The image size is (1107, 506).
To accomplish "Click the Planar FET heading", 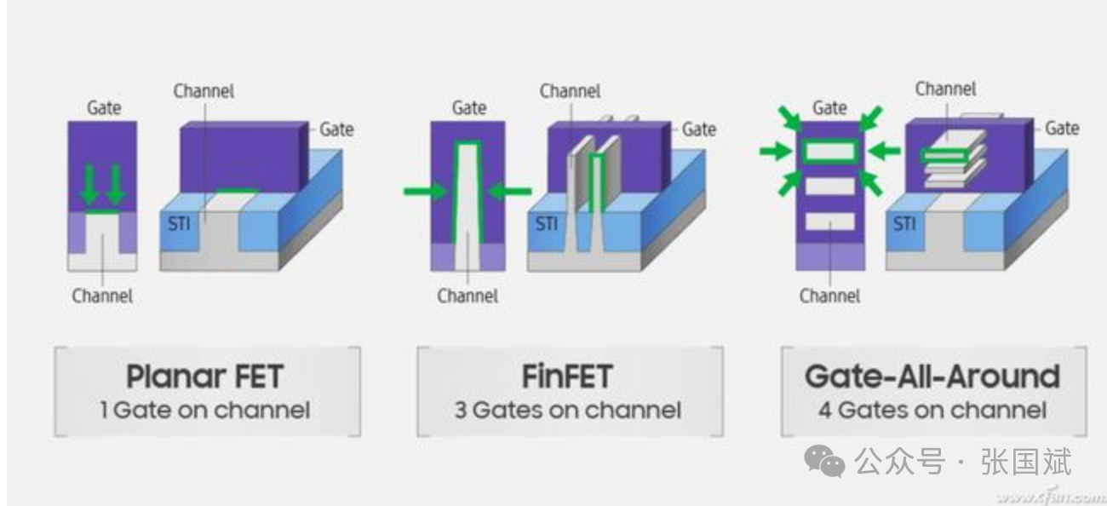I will point(204,377).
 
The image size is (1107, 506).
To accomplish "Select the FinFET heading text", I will point(567,377).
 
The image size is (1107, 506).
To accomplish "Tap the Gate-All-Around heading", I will point(932,377).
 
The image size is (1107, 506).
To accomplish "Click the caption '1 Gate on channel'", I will point(204,411).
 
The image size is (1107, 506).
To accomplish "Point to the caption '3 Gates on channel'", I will point(567,411).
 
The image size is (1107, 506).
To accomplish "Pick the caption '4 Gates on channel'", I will point(932,411).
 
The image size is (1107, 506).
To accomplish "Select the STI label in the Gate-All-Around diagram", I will point(905,224).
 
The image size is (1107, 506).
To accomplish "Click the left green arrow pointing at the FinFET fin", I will point(426,191).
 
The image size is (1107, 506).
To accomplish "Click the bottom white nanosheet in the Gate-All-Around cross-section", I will point(829,221).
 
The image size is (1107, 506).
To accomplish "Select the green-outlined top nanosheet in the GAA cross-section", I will point(829,152).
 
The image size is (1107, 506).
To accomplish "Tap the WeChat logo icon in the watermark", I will point(824,463).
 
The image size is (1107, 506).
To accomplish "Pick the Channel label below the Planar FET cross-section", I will point(102,296).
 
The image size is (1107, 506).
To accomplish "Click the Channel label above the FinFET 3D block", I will point(570,91).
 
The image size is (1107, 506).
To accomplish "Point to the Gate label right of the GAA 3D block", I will point(1062,128).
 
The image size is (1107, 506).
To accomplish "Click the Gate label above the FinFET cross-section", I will point(469,108).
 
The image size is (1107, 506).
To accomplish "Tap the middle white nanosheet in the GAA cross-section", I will point(829,186).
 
